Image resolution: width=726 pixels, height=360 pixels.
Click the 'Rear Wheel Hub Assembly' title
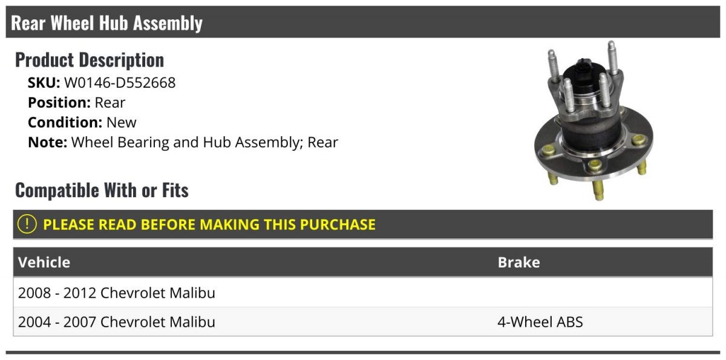106,23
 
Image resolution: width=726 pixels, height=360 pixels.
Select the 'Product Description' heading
90,60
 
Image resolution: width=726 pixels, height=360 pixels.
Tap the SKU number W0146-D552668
120,83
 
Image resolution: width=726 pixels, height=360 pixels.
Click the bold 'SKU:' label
44,83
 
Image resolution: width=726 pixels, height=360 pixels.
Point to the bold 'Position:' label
59,103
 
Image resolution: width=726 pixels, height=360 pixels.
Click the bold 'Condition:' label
65,122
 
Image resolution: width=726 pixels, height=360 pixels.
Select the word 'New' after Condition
122,122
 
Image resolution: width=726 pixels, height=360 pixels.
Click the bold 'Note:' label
48,142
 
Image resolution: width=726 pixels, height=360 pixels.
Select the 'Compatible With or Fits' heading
102,190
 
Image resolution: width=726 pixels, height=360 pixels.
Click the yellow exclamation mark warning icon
27,224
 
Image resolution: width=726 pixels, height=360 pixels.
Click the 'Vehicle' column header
44,262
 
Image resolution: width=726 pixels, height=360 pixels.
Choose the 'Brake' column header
518,262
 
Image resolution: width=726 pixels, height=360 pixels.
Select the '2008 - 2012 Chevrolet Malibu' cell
117,293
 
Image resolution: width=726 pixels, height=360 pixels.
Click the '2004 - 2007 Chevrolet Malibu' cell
117,322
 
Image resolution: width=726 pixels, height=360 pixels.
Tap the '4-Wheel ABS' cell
540,322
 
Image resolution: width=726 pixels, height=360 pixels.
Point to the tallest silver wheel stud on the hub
612,58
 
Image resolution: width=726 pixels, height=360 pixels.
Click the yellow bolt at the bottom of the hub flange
598,191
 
